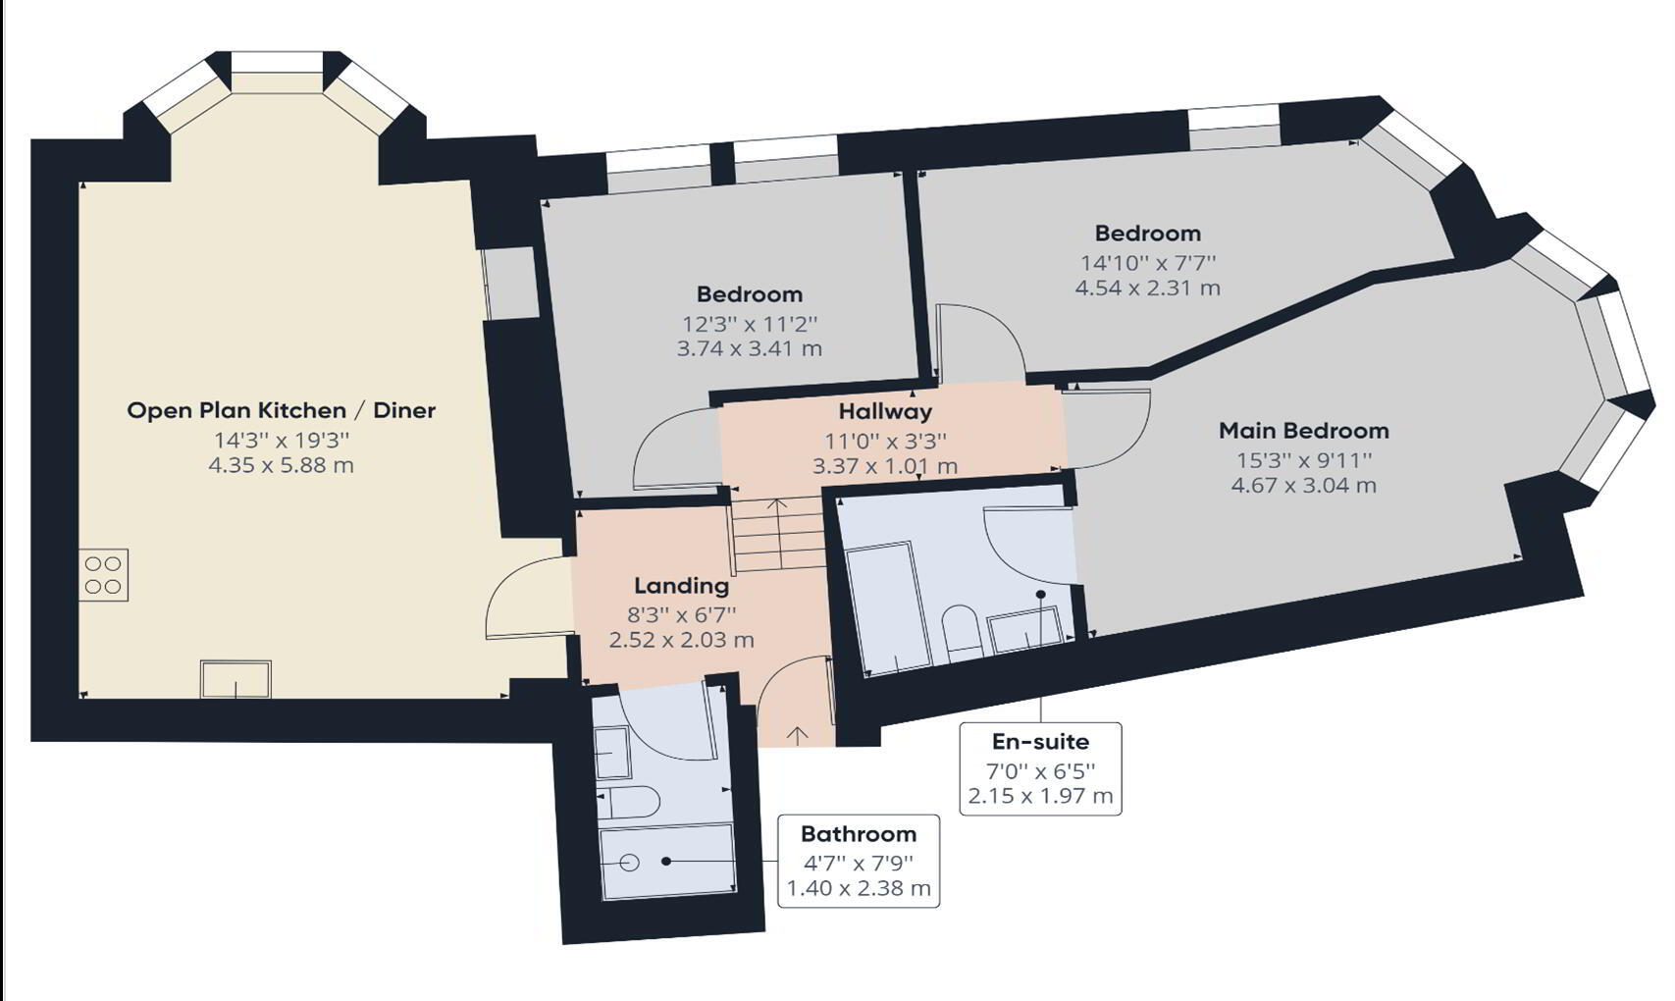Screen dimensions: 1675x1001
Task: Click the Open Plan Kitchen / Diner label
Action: click(x=281, y=411)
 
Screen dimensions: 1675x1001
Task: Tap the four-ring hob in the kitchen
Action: click(x=103, y=574)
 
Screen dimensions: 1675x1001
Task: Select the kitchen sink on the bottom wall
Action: click(x=236, y=678)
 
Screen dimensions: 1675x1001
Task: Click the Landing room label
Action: click(x=681, y=585)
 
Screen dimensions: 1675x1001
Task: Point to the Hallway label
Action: click(x=885, y=411)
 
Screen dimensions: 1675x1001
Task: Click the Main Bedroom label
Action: click(x=1304, y=431)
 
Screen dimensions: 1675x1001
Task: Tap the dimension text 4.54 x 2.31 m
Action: click(x=1148, y=288)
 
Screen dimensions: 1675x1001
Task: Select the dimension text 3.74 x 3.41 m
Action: click(x=750, y=348)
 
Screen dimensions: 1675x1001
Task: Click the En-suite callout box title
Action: click(x=1040, y=741)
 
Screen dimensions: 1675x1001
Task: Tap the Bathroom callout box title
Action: click(x=859, y=833)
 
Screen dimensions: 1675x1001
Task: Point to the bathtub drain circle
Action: click(x=630, y=863)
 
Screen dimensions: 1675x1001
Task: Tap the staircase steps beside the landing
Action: click(x=778, y=534)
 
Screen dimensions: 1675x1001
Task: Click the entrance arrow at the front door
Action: click(x=798, y=736)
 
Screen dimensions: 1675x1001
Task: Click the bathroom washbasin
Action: click(x=611, y=751)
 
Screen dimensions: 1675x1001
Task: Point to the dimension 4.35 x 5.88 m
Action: click(x=281, y=465)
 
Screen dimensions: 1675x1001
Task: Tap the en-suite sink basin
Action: click(x=1026, y=627)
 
